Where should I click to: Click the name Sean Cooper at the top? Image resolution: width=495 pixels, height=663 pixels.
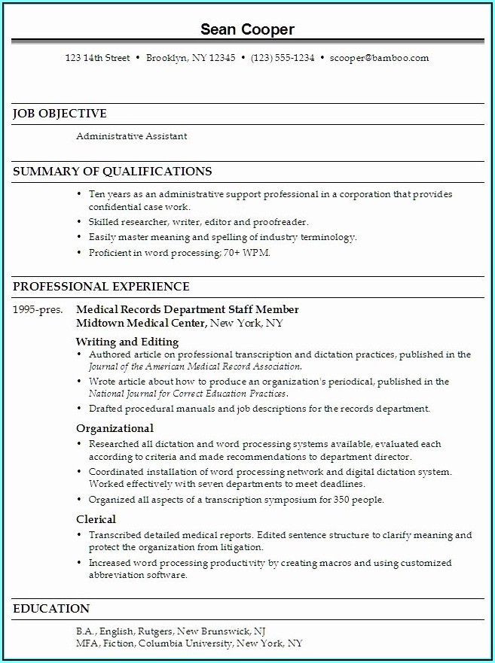click(x=247, y=29)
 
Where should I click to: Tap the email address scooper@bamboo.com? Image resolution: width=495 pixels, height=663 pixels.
click(x=379, y=58)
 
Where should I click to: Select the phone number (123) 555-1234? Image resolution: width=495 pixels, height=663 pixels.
click(x=283, y=58)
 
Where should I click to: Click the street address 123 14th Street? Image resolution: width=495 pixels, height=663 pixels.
click(x=97, y=58)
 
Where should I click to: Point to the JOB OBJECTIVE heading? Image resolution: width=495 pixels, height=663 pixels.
click(x=60, y=114)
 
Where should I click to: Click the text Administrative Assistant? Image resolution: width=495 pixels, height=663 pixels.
click(x=131, y=136)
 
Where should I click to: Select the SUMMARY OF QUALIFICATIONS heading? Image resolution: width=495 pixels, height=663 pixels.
click(x=112, y=172)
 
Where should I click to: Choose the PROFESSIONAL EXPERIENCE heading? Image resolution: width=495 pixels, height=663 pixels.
click(x=101, y=287)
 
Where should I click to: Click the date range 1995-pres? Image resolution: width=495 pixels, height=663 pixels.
click(x=38, y=309)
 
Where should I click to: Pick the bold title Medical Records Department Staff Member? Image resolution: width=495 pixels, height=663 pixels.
click(x=188, y=309)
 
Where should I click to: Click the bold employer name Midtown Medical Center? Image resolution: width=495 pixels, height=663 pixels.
click(x=141, y=323)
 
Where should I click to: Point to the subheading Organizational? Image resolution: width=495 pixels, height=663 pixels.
click(x=115, y=429)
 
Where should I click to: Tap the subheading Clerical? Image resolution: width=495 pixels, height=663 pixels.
click(x=96, y=519)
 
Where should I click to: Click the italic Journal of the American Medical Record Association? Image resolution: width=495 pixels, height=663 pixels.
click(x=194, y=366)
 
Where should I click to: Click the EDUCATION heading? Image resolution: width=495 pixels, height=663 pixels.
click(x=51, y=609)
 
